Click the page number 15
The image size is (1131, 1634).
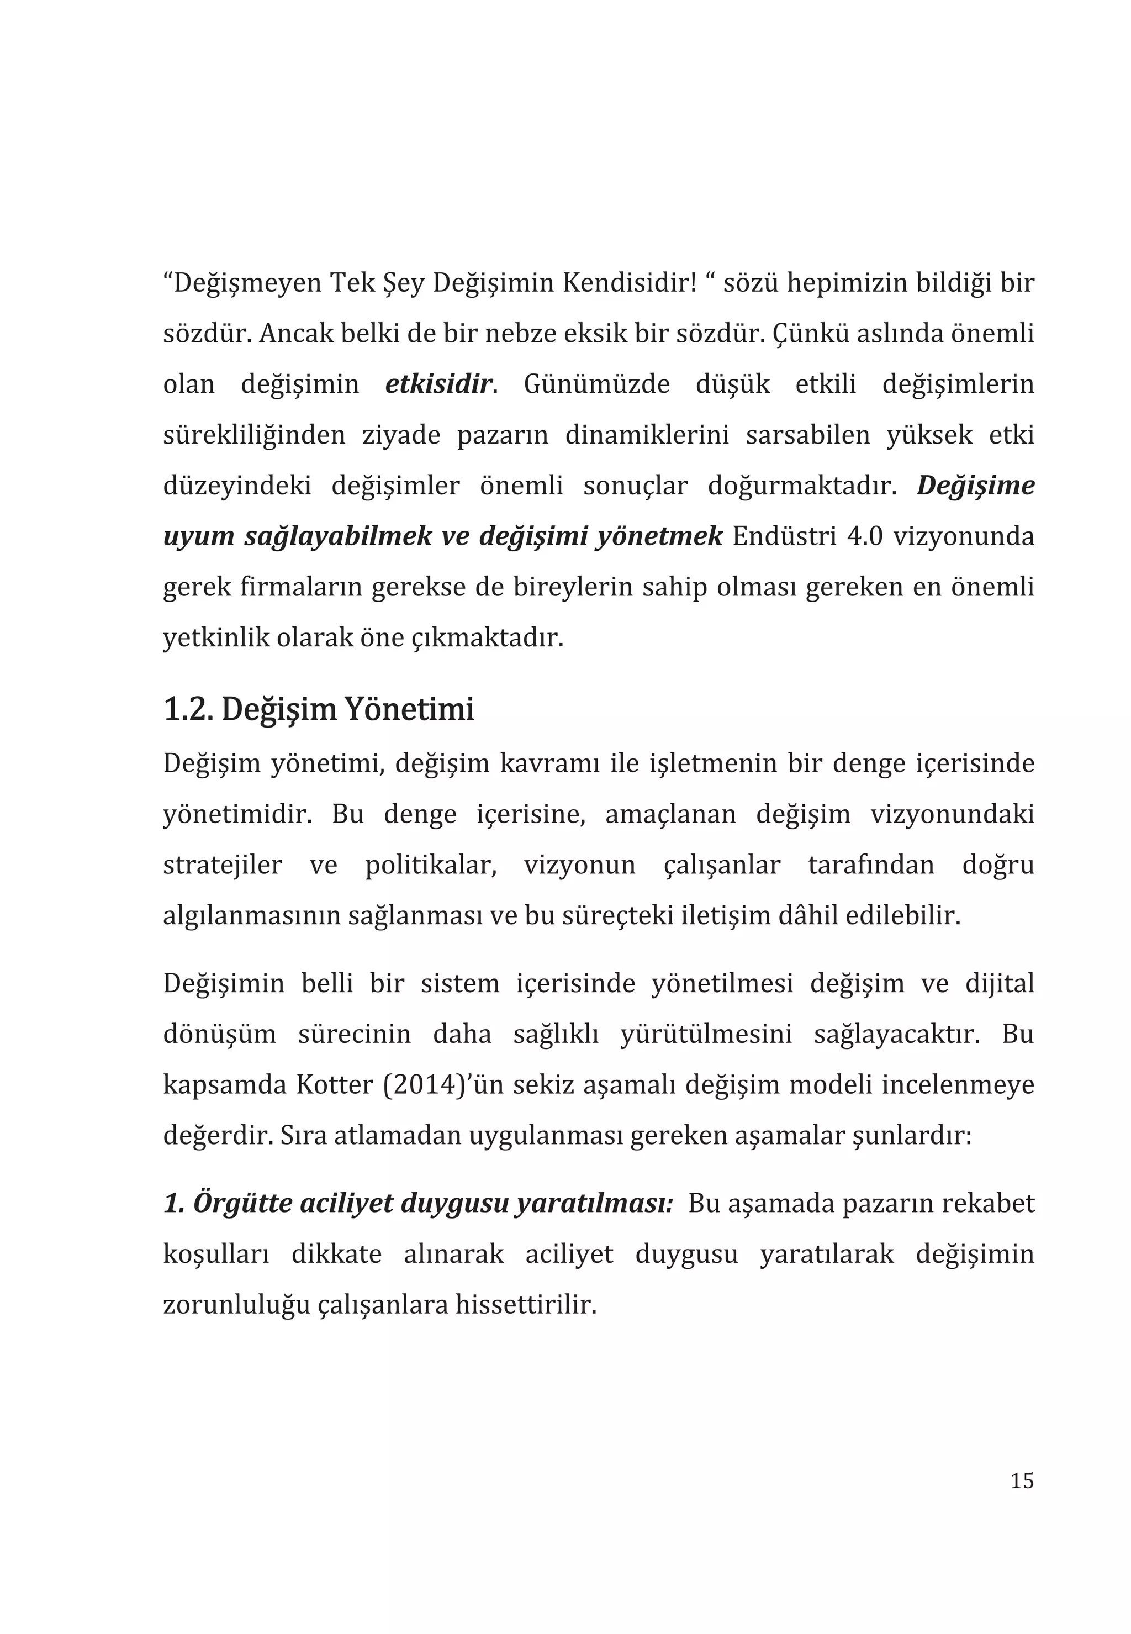[1021, 1481]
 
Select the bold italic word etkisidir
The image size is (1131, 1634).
[438, 384]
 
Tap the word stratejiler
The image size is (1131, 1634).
[222, 865]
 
